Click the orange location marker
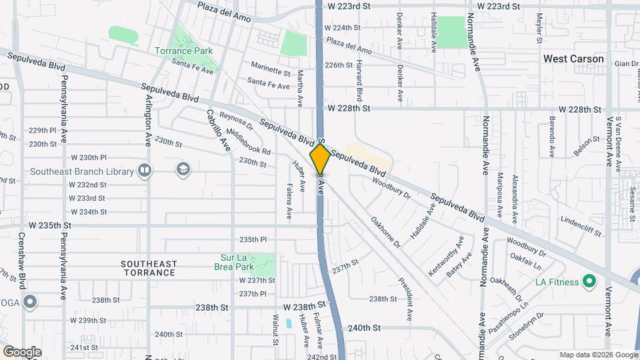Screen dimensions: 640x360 320,159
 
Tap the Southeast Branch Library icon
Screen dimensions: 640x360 144,171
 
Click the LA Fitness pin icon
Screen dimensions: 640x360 589,281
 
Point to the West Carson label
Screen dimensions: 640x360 573,59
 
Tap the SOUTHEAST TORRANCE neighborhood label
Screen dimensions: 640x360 149,268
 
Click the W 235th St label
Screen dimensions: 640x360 49,225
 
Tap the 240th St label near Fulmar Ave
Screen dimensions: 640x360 363,328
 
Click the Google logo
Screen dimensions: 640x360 22,352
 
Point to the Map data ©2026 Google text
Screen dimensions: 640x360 598,355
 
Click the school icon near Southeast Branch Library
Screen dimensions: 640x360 182,169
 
